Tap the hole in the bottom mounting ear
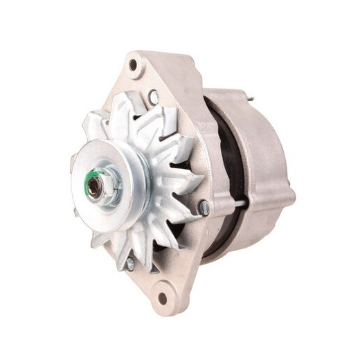(x=163, y=298)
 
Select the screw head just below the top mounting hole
(x=154, y=98)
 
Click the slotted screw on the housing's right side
(x=203, y=207)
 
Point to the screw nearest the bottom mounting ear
(x=129, y=263)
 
